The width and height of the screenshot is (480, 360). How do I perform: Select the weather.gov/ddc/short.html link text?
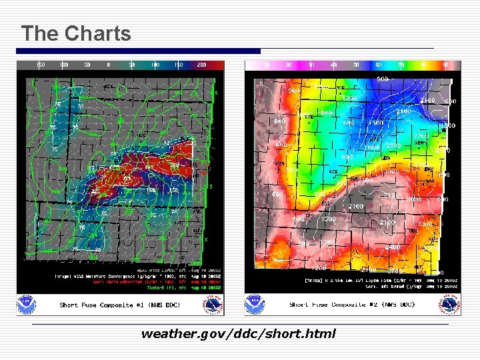pos(238,333)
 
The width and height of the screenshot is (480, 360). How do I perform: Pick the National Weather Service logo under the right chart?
pos(449,304)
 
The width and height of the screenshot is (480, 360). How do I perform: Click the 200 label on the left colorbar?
pos(201,65)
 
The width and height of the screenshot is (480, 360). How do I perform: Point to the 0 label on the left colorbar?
pos(108,65)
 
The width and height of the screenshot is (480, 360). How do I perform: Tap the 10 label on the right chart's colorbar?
pos(267,65)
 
